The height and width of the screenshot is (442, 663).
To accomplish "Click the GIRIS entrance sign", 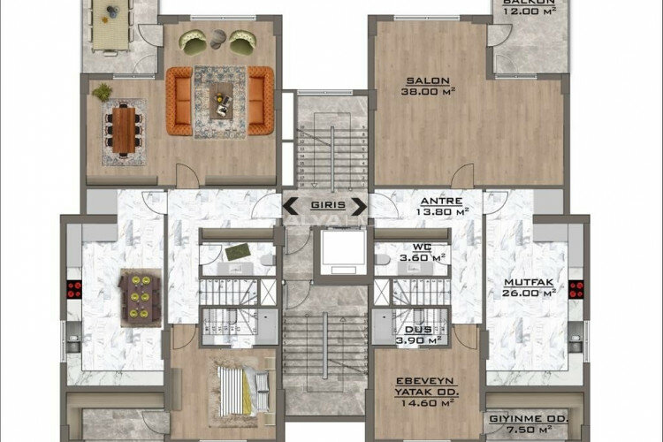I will point(324,209).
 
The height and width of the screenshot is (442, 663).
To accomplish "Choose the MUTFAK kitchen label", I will point(529,283).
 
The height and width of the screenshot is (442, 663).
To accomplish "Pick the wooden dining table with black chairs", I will point(123,130).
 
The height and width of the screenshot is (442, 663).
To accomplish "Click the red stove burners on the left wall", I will point(73,293).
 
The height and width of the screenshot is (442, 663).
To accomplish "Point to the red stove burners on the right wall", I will point(576,289).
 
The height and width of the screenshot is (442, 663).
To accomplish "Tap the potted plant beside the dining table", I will point(103,91).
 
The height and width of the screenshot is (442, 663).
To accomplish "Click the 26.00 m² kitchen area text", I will point(529,294).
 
